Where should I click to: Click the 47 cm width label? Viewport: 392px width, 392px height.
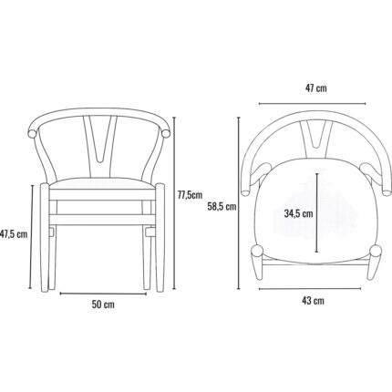[x=316, y=88]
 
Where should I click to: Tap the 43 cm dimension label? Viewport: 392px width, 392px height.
[x=313, y=301]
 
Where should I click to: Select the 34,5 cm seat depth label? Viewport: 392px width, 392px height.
[x=298, y=213]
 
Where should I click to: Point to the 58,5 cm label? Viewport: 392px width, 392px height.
[x=222, y=207]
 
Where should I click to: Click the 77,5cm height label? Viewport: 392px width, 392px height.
[x=190, y=195]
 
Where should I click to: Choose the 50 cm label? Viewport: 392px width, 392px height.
[x=103, y=304]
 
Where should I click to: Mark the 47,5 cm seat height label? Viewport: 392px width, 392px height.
[x=14, y=234]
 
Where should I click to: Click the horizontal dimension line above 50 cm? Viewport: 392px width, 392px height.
[x=103, y=294]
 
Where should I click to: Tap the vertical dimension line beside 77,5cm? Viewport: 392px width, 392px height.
[x=174, y=202]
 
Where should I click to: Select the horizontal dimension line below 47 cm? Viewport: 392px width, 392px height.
[x=313, y=104]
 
